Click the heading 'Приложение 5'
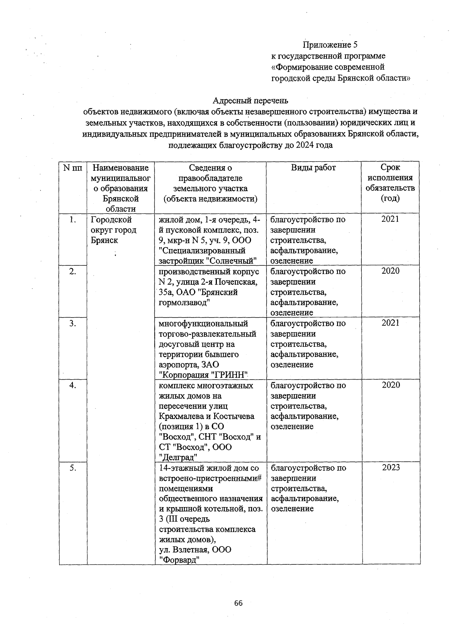[330, 45]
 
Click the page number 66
[238, 603]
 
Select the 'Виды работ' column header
[313, 168]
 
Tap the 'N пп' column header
[73, 168]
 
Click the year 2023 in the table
[391, 467]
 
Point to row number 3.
[73, 323]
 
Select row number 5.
[73, 468]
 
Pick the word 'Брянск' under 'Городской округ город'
[104, 240]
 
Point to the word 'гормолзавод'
[184, 302]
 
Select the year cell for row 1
[390, 219]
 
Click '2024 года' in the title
[314, 145]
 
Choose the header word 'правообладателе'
[210, 178]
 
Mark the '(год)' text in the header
[390, 198]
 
